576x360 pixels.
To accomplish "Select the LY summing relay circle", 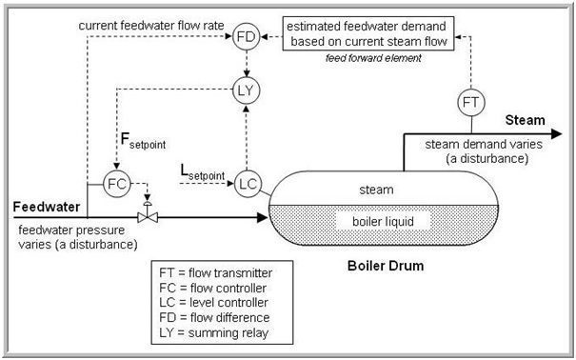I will point(247,91).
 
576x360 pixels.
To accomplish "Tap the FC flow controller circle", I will point(116,183).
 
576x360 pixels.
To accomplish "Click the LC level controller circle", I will point(248,184).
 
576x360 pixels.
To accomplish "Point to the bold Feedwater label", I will point(46,206).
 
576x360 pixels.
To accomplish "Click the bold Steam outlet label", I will point(525,121).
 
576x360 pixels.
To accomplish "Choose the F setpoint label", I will point(143,142).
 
